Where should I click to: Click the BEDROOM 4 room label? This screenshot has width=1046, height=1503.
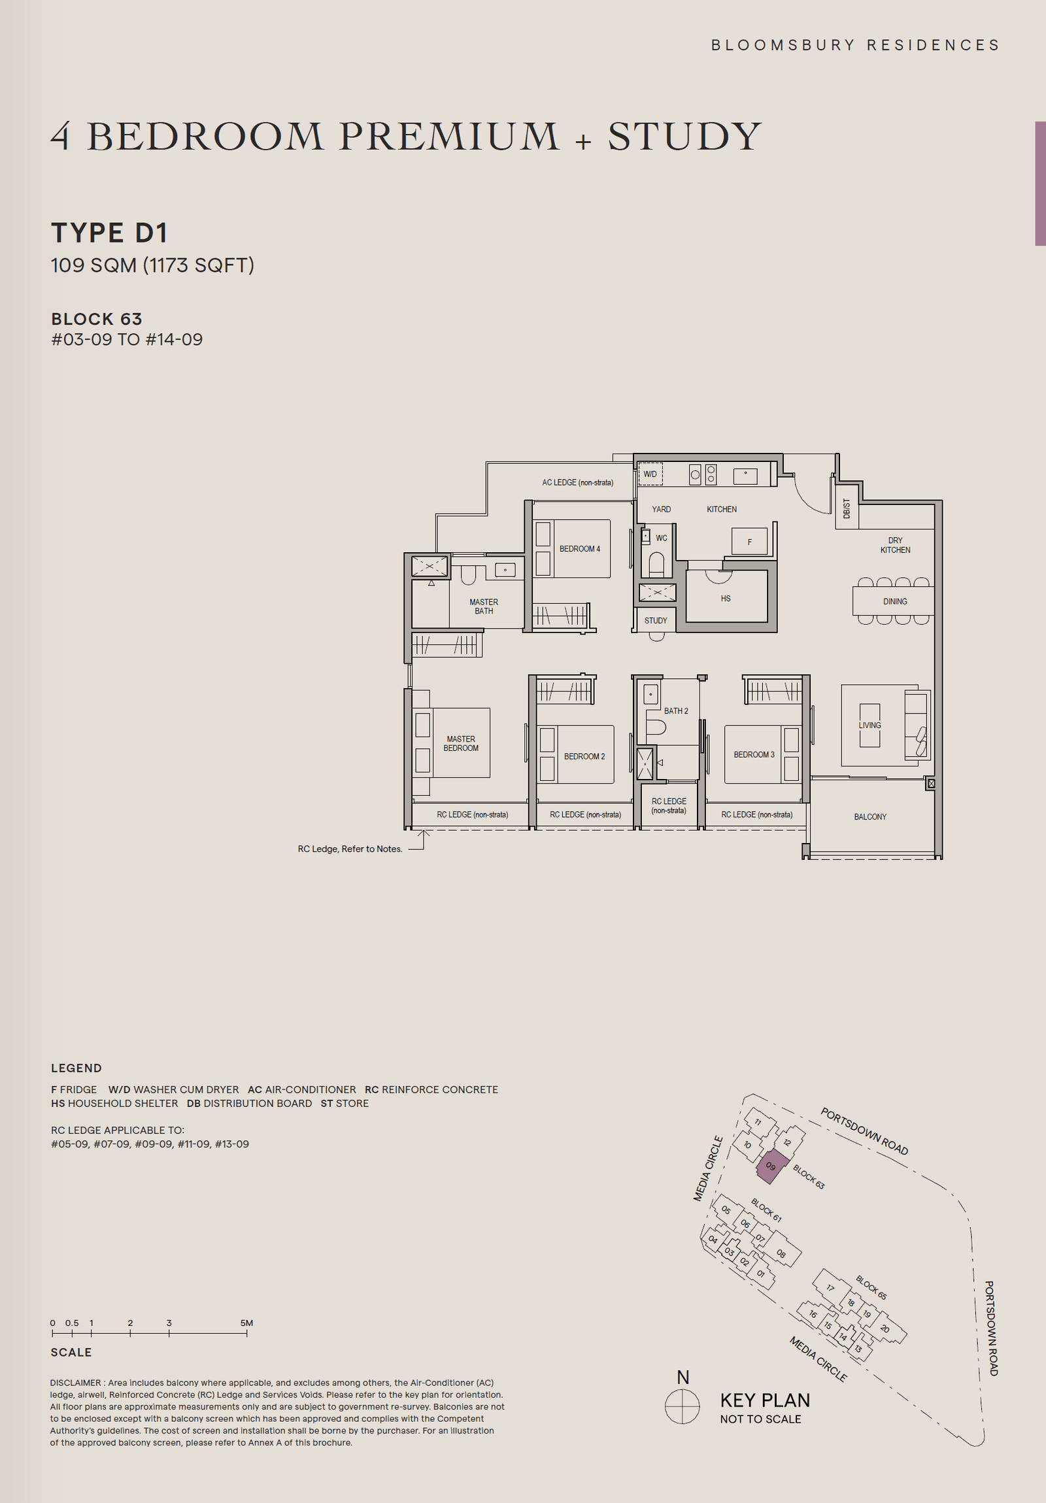pyautogui.click(x=579, y=548)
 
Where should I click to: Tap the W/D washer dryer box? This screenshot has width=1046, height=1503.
pyautogui.click(x=650, y=474)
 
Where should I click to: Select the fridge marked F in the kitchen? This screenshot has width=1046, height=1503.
pyautogui.click(x=749, y=542)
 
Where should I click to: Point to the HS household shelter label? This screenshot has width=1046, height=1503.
pyautogui.click(x=725, y=599)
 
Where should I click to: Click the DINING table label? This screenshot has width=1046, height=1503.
pyautogui.click(x=894, y=601)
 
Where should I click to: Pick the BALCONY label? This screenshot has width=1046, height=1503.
pyautogui.click(x=869, y=816)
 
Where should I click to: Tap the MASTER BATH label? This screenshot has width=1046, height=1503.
pyautogui.click(x=483, y=606)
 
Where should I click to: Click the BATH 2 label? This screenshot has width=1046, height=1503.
pyautogui.click(x=675, y=710)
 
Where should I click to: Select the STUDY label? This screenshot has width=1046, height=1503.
pyautogui.click(x=655, y=621)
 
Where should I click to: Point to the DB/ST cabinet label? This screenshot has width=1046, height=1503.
pyautogui.click(x=846, y=508)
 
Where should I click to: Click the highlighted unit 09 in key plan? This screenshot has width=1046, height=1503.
pyautogui.click(x=771, y=1166)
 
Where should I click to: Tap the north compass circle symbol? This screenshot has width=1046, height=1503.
pyautogui.click(x=682, y=1406)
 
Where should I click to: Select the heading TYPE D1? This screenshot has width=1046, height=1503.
pyautogui.click(x=109, y=233)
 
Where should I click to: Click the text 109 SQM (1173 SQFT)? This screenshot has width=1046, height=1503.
pyautogui.click(x=152, y=265)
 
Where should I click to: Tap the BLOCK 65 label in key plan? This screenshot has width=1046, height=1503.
pyautogui.click(x=870, y=1287)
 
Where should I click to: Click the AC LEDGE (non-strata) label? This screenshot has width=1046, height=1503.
pyautogui.click(x=577, y=482)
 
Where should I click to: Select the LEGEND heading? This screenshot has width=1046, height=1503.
pyautogui.click(x=76, y=1068)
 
